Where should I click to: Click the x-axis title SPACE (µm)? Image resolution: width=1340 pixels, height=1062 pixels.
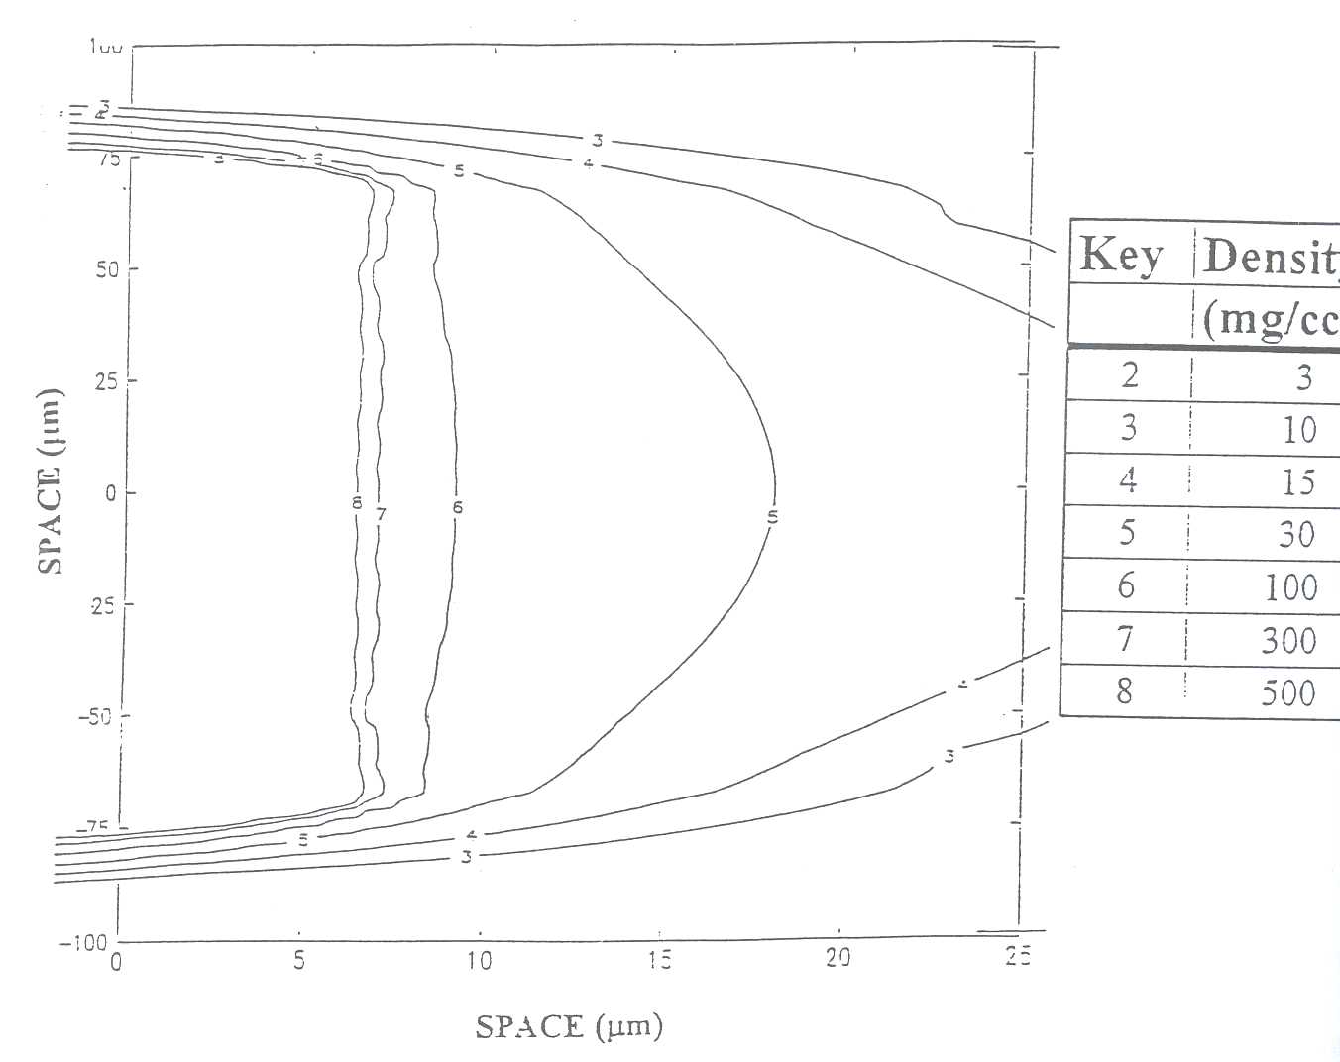point(569,1026)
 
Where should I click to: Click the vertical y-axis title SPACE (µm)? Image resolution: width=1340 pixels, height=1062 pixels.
point(51,480)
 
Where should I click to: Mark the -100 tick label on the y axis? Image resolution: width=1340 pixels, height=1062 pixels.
point(83,942)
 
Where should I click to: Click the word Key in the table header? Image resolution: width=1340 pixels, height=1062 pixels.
point(1121,255)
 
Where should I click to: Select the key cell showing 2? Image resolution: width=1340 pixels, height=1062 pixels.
point(1129,374)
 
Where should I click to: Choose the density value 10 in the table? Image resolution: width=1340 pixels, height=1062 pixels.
point(1298,430)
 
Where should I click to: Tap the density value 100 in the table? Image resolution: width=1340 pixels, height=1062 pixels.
point(1290,587)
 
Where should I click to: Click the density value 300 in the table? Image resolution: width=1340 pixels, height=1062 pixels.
point(1288,641)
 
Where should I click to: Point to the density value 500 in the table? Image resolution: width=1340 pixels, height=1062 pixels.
point(1288,692)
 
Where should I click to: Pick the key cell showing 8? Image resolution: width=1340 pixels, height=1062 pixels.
point(1124,690)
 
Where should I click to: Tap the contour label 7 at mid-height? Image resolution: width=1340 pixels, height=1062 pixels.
point(381,514)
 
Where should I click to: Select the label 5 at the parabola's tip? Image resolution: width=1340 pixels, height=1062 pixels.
point(773,515)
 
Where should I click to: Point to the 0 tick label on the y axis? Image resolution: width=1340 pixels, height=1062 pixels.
point(111,492)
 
